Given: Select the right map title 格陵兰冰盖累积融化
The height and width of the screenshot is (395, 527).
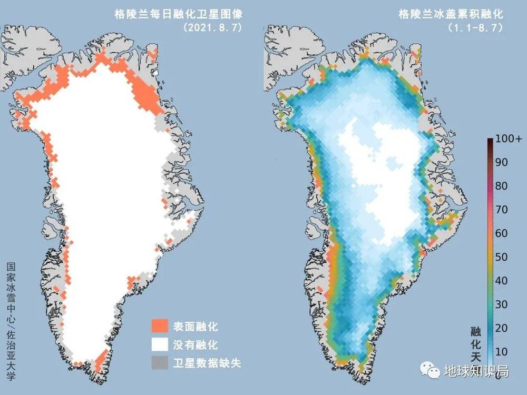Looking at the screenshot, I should [x=451, y=15].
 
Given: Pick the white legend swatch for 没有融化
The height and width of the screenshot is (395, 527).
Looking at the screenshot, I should [x=160, y=345].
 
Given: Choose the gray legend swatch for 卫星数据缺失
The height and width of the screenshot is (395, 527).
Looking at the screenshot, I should [x=160, y=363].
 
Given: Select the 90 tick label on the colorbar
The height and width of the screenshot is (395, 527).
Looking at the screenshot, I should [x=501, y=163].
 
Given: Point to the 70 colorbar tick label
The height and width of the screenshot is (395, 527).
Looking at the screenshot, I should [x=501, y=210].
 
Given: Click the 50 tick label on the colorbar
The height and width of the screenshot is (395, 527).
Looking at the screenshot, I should [x=501, y=257].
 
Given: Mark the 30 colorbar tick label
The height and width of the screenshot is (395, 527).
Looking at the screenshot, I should [x=501, y=304].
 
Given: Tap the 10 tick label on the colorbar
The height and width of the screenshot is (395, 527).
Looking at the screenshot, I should [x=501, y=351].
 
